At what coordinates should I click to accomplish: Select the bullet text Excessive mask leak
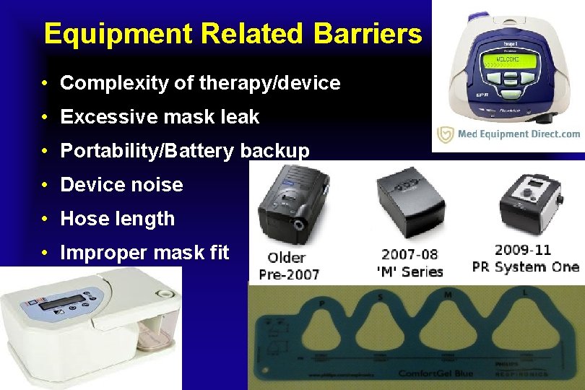pos(160,116)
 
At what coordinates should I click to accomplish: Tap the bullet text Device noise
pos(121,185)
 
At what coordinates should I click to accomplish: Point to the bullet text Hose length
pos(117,219)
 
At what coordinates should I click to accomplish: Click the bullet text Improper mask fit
pos(144,253)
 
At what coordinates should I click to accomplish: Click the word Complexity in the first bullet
pos(105,83)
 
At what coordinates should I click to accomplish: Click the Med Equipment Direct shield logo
pos(446,134)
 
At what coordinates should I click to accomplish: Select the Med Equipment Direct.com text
pos(519,134)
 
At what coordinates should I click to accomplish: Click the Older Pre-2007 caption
pos(292,265)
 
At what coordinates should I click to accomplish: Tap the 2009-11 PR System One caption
pos(525,259)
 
